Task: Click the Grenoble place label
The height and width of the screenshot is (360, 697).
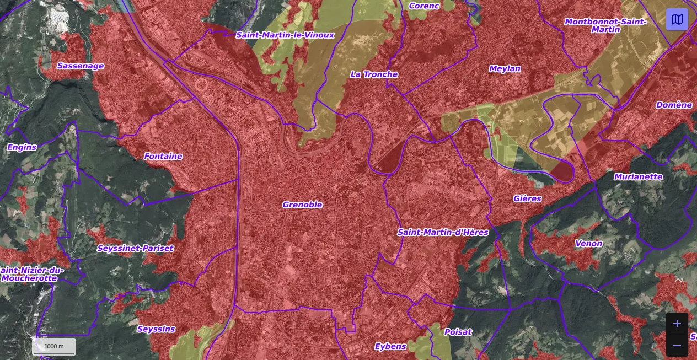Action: coord(302,205)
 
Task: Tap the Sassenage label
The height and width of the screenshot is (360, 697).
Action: coord(81,66)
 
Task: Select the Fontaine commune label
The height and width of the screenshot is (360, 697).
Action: coord(163,156)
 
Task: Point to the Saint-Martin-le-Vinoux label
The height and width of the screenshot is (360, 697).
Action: coord(285,35)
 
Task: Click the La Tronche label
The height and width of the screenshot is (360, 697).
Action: coord(374,74)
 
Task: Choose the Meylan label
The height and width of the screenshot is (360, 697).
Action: coord(505,68)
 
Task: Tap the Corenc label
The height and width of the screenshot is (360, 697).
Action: coord(424,6)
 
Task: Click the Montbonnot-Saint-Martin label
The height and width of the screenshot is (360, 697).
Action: coord(605,25)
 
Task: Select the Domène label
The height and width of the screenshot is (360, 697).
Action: coord(674,105)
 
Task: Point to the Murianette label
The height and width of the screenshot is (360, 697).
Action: coord(639,176)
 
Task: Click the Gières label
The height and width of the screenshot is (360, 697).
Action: coord(527,198)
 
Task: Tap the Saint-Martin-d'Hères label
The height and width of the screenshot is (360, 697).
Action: coord(443,232)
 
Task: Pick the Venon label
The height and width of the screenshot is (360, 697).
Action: coord(588,243)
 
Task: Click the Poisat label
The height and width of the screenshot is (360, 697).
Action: coord(458,332)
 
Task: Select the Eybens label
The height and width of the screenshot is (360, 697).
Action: coord(390,346)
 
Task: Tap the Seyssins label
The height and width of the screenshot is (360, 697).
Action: coord(156,329)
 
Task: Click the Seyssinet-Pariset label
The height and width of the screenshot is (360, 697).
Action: coord(135,248)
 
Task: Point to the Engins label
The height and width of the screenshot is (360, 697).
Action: coord(22,147)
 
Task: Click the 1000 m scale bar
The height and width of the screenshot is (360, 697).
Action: coord(54,346)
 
